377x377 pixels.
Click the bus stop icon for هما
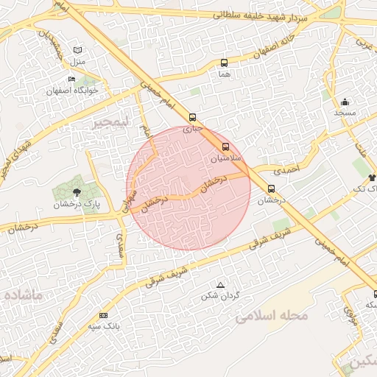(x=224, y=63)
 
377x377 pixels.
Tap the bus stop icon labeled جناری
(x=192, y=117)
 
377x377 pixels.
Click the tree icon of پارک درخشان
(x=77, y=192)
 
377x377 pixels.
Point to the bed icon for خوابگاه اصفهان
(x=71, y=80)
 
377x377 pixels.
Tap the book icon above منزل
(x=78, y=49)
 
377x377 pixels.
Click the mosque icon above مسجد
(x=345, y=102)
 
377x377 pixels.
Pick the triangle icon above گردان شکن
(x=219, y=285)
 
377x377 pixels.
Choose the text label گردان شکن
(x=220, y=296)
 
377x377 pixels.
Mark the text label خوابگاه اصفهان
(x=72, y=91)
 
